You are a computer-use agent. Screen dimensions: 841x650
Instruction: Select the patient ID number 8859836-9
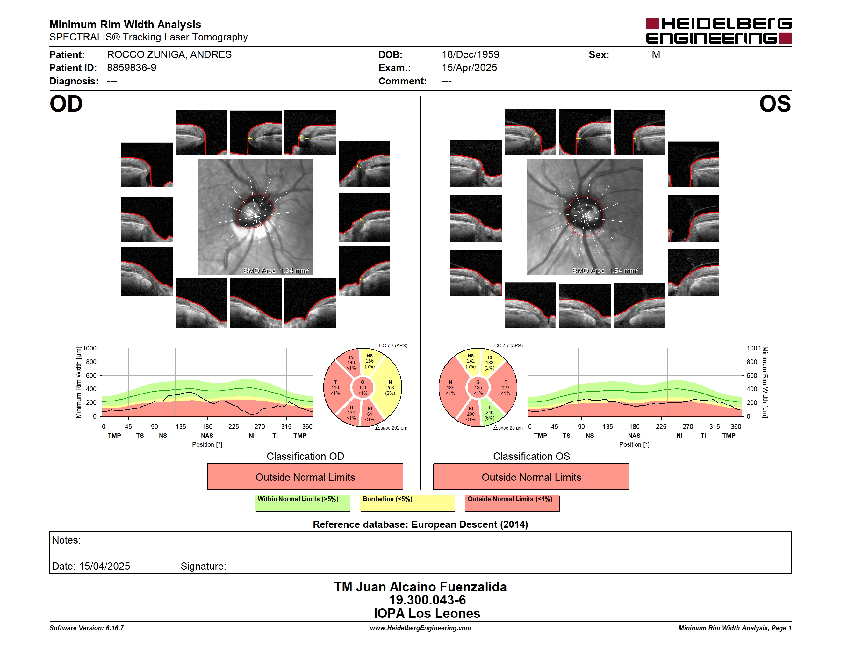pos(132,68)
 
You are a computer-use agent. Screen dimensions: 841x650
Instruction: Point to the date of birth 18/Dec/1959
pos(470,55)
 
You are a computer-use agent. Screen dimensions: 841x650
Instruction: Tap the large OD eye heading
pos(66,104)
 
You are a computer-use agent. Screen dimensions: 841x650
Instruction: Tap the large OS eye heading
pos(775,104)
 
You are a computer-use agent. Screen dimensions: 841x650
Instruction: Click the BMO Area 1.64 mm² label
pos(605,271)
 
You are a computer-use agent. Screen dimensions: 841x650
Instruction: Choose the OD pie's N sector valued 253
pos(390,387)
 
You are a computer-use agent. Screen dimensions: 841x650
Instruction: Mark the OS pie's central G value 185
pos(478,387)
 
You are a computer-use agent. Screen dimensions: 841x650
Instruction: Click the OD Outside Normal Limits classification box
pos(305,477)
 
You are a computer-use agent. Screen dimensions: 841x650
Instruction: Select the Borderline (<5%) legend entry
pos(407,503)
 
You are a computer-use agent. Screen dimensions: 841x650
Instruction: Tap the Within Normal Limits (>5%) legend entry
pos(302,503)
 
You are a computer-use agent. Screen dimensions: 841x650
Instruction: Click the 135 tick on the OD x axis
pos(181,426)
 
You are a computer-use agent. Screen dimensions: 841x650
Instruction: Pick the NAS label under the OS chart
pos(634,436)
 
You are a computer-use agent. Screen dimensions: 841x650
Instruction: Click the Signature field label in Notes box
pos(203,566)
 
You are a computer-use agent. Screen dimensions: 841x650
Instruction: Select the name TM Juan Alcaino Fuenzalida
pos(420,587)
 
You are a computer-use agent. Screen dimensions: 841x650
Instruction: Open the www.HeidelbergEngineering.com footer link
pos(420,628)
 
